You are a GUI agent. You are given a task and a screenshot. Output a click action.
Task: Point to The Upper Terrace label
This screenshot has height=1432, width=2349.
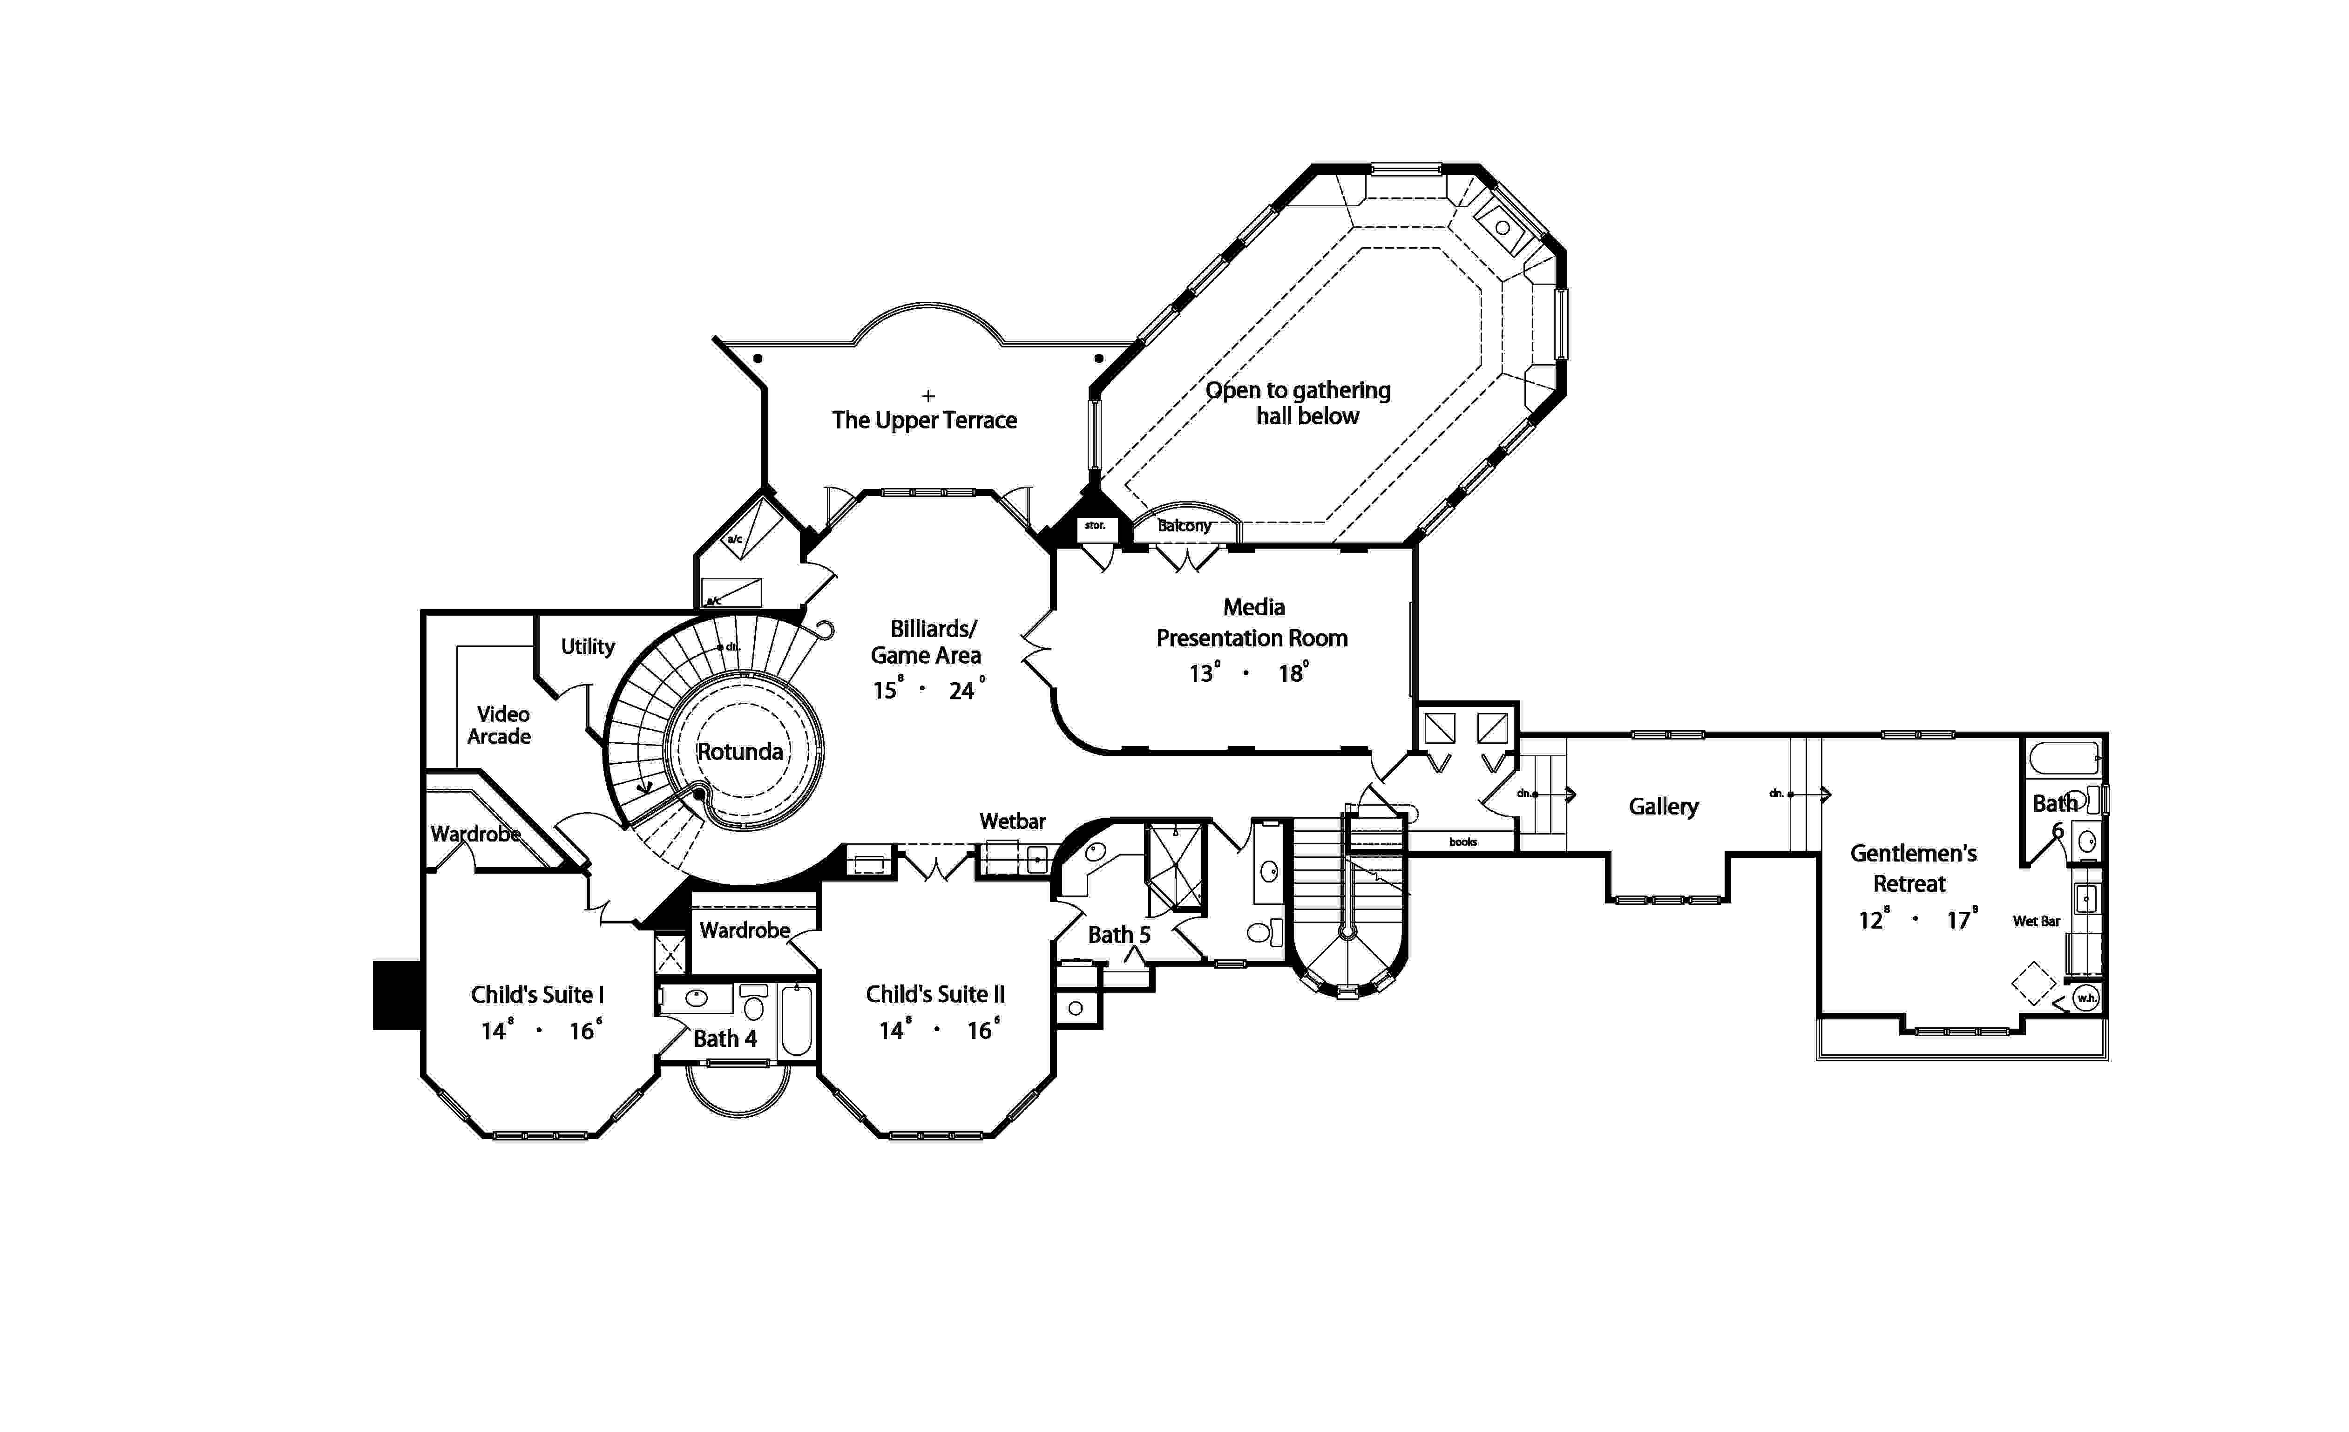pos(924,421)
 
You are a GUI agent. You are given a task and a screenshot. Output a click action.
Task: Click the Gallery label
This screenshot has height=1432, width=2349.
pos(1663,807)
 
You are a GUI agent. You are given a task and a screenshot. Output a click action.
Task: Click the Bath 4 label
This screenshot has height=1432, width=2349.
pos(724,1038)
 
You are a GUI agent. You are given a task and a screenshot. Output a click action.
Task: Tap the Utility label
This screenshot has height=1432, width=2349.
pos(587,646)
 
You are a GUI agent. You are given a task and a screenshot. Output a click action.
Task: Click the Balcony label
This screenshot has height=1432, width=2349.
pos(1184,525)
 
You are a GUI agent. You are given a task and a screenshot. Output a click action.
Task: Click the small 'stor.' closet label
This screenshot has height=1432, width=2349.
pos(1095,525)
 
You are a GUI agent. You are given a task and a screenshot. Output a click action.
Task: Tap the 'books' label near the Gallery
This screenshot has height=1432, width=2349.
pos(1462,842)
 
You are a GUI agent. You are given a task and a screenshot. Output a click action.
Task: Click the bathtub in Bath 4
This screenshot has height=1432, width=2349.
pos(797,1020)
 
